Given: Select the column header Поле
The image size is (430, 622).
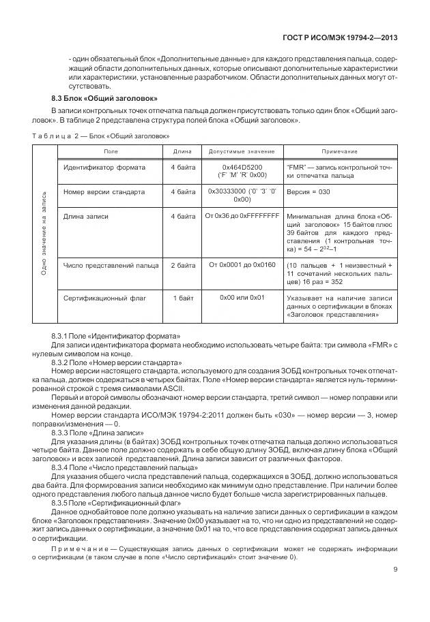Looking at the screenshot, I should pyautogui.click(x=110, y=151).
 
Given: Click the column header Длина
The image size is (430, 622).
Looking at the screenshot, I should pyautogui.click(x=182, y=151).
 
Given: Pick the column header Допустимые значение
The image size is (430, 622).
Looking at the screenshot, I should pyautogui.click(x=242, y=151).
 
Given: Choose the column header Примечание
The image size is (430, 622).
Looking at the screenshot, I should pyautogui.click(x=339, y=151).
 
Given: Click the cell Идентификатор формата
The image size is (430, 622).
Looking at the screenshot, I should pyautogui.click(x=104, y=167).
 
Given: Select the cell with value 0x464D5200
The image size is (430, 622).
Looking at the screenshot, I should pyautogui.click(x=242, y=167).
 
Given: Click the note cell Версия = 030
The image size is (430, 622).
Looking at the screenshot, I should pyautogui.click(x=309, y=192).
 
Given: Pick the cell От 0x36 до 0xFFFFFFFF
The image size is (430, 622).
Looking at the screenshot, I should pyautogui.click(x=242, y=217).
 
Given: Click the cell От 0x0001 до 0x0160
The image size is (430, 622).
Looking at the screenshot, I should pyautogui.click(x=242, y=265).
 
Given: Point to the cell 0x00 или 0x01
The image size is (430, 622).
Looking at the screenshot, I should pyautogui.click(x=242, y=298).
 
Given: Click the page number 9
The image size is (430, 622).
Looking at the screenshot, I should pyautogui.click(x=395, y=571).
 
